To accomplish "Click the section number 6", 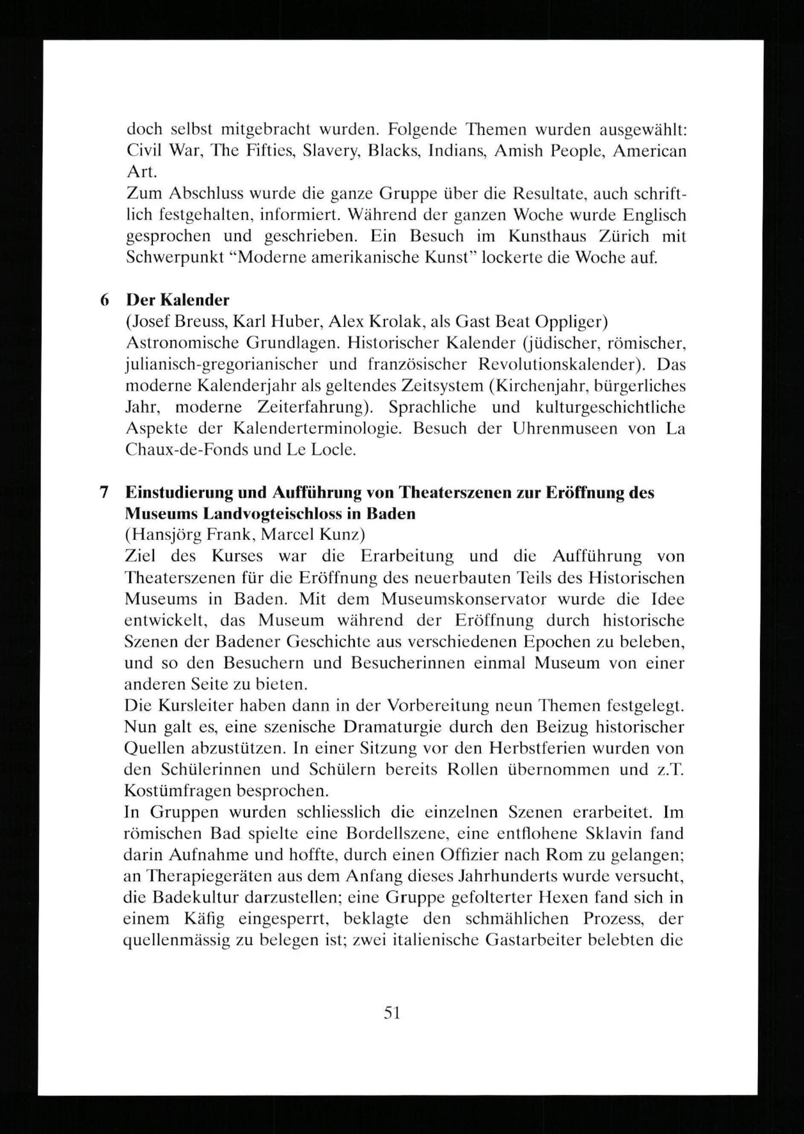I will (105, 300).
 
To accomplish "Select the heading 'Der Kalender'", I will (178, 300).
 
